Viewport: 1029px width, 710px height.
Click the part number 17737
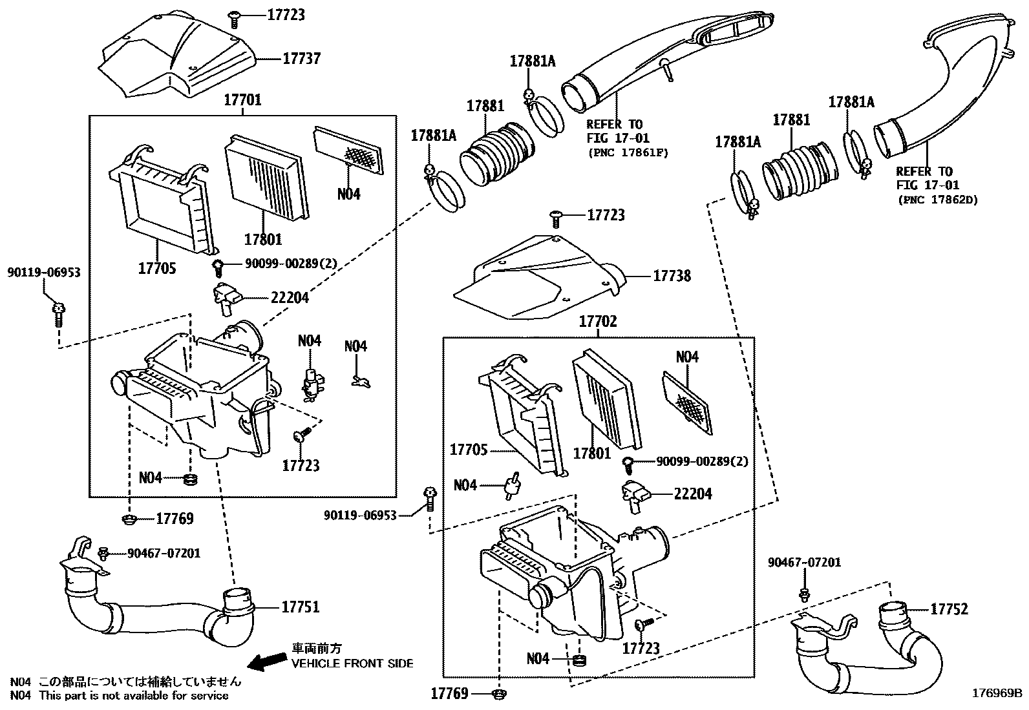pos(301,59)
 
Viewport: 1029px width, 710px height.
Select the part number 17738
pos(672,277)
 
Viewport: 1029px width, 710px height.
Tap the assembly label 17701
pos(242,100)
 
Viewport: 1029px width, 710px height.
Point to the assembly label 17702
pos(597,321)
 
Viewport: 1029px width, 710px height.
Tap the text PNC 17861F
pos(627,152)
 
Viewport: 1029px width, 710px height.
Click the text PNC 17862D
pos(937,200)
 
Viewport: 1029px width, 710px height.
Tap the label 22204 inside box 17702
pos(692,494)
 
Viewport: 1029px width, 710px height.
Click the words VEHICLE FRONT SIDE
pos(352,663)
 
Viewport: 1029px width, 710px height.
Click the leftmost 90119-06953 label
pos(44,273)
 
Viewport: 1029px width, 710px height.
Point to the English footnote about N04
pos(120,696)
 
